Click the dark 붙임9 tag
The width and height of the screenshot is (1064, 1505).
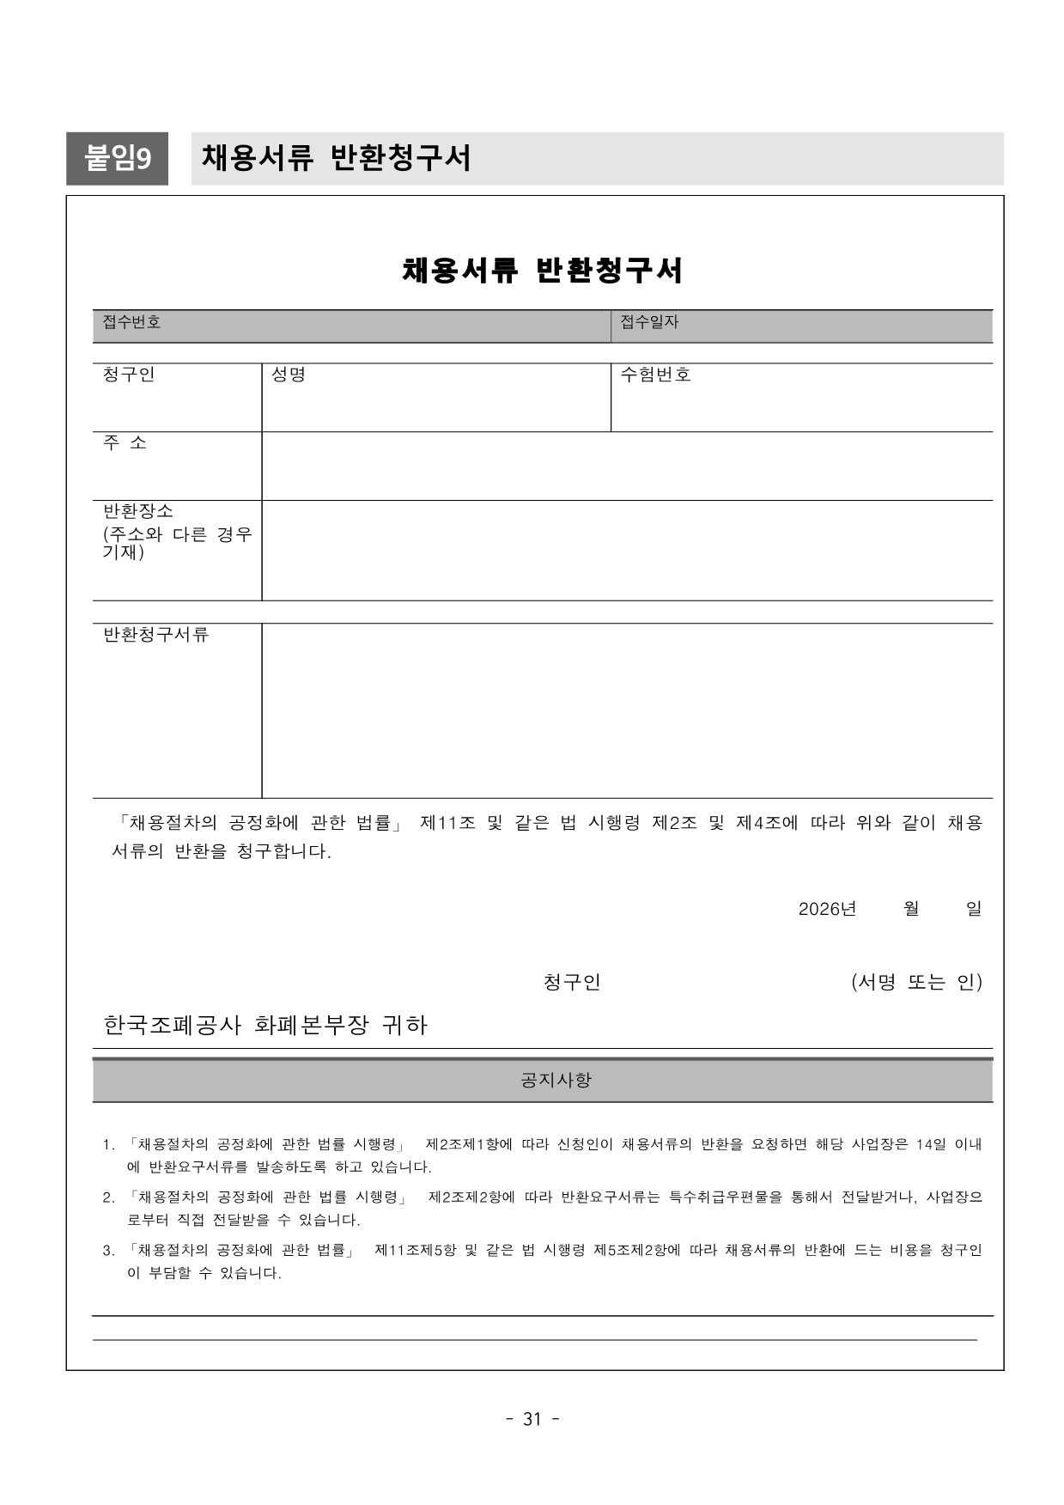pos(117,158)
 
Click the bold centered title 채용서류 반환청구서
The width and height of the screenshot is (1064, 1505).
pos(542,271)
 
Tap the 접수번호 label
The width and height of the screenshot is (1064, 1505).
pos(131,322)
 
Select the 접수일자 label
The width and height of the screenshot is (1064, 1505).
pos(649,322)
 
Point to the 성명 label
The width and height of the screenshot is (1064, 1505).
pos(289,375)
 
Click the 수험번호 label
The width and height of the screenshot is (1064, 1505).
pos(655,375)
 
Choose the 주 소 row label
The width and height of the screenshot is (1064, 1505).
pos(125,442)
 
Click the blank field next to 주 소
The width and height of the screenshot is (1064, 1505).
pos(627,466)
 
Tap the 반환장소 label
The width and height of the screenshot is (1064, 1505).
pos(138,511)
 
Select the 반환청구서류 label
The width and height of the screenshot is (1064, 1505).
pos(155,635)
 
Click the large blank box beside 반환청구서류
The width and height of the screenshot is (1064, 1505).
pos(627,710)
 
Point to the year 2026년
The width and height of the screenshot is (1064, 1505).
pos(827,909)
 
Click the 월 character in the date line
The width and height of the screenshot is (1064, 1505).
pos(911,909)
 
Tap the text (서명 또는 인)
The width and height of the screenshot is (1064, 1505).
pos(916,982)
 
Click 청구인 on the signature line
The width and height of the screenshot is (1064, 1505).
pos(572,982)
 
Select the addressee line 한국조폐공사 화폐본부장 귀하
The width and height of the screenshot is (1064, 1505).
pos(265,1025)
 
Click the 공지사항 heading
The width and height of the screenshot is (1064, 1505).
pos(556,1080)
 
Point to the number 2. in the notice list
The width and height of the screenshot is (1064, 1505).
pos(109,1197)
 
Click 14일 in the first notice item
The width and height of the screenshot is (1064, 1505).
pos(930,1144)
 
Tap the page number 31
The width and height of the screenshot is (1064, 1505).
pos(532,1419)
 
